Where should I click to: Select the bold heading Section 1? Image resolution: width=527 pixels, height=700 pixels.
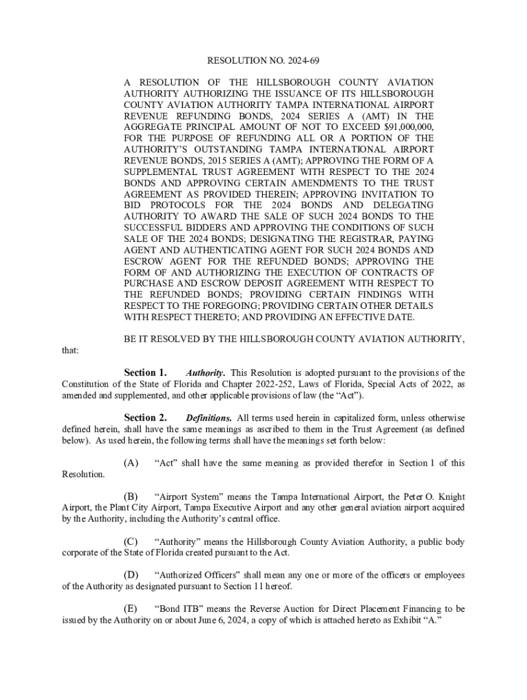(145, 373)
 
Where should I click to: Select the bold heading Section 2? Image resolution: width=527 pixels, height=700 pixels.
(145, 418)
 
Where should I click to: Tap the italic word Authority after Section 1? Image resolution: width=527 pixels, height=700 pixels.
(205, 373)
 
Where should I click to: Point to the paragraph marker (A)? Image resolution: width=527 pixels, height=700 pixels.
(131, 463)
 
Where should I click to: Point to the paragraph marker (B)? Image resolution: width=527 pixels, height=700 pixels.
(131, 496)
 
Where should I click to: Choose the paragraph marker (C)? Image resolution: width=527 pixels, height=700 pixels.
(131, 542)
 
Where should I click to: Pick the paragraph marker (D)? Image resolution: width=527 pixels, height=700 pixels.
(131, 574)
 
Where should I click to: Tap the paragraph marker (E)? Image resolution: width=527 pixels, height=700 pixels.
(130, 607)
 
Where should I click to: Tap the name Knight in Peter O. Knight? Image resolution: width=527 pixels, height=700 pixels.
(449, 496)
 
